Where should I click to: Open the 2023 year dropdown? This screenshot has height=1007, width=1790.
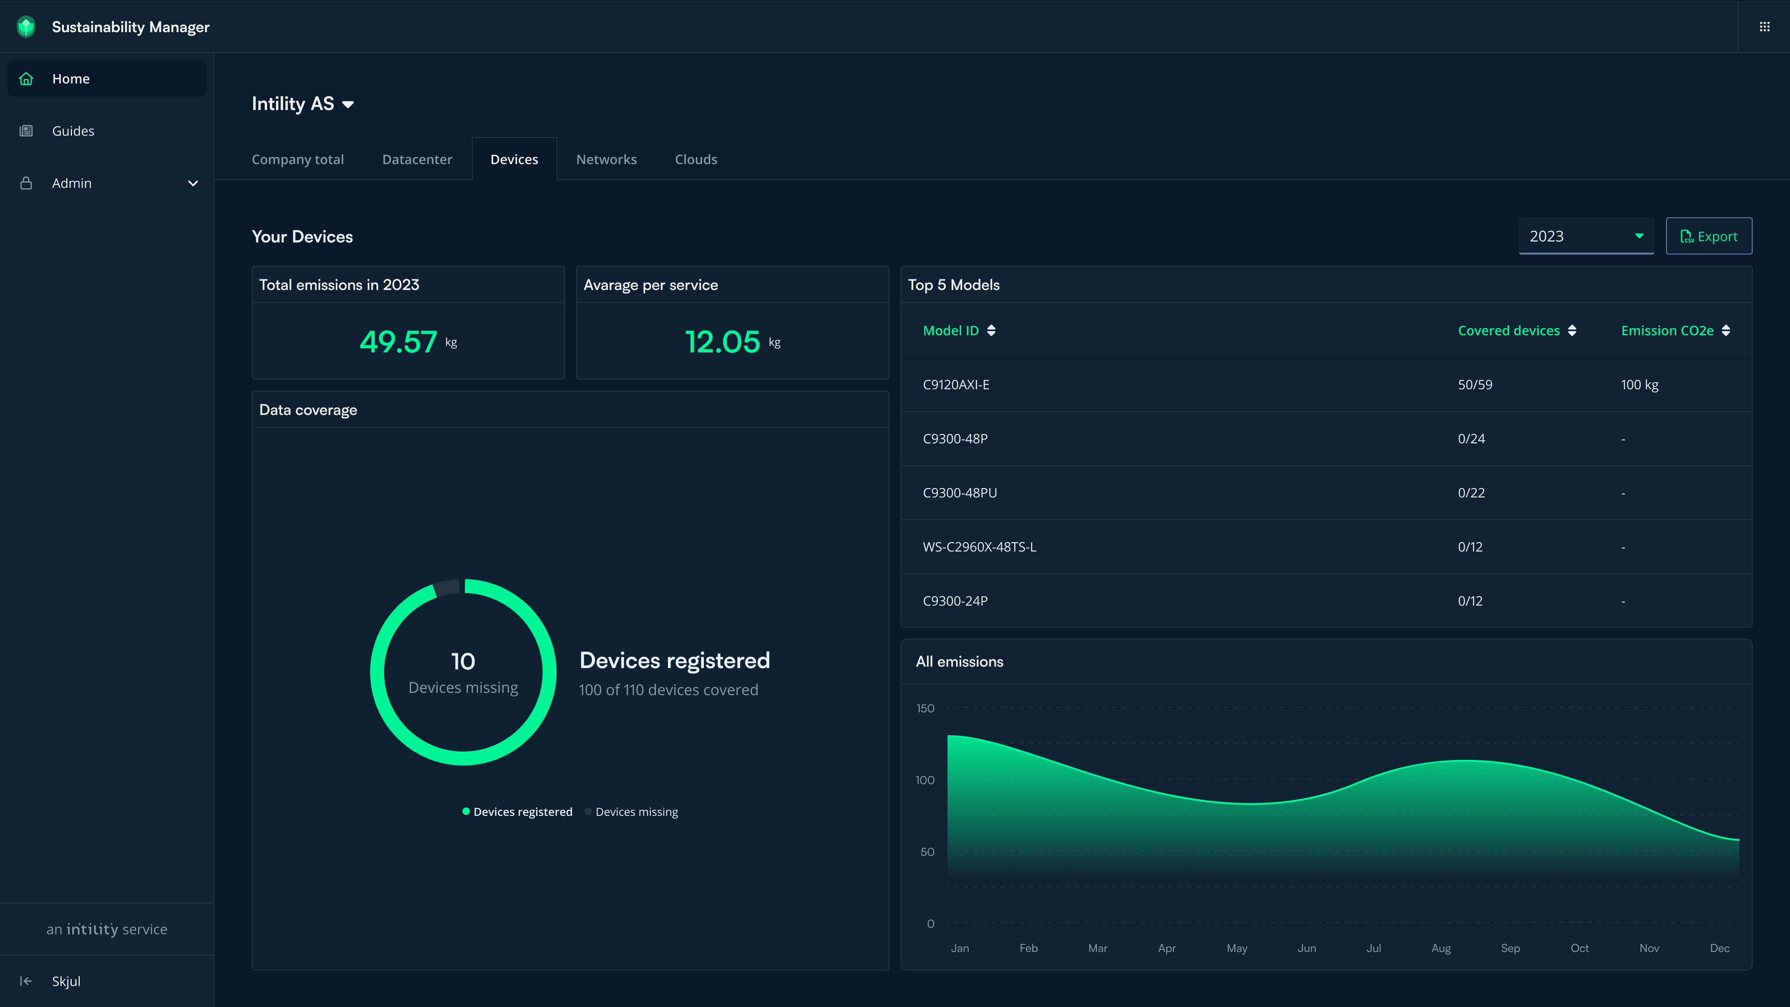click(1586, 236)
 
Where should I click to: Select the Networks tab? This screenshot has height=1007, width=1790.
click(606, 159)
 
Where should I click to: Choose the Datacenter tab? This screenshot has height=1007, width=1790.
click(417, 159)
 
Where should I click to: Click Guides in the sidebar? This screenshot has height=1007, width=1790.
click(73, 131)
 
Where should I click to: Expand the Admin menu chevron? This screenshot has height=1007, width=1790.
click(193, 184)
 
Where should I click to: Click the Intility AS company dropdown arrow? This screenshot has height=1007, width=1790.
click(348, 104)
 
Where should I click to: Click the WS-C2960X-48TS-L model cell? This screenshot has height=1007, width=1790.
click(979, 547)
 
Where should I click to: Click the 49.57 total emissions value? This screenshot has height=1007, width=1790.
click(398, 342)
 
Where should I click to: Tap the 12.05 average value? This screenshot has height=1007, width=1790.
click(723, 342)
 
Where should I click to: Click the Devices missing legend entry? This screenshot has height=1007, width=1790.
click(636, 812)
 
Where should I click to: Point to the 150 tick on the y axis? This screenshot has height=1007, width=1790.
click(925, 708)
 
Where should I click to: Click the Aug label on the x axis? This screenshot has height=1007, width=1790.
click(1440, 948)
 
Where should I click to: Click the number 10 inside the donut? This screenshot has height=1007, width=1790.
click(463, 661)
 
